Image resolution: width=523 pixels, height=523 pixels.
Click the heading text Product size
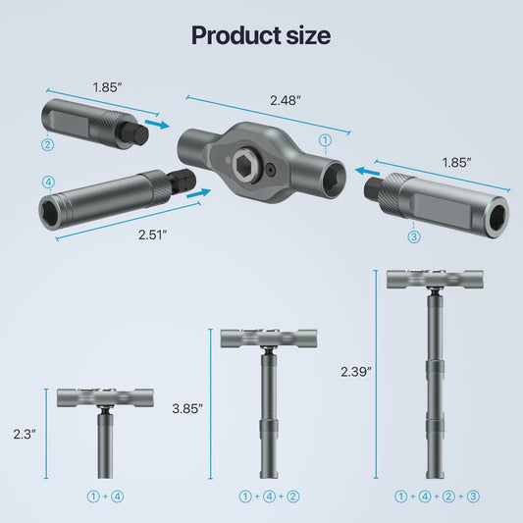[x=261, y=35]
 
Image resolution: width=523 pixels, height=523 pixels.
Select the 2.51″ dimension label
[x=152, y=233]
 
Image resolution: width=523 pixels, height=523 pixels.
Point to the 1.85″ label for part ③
[x=454, y=160]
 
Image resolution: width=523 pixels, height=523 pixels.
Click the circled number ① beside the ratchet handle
[x=325, y=141]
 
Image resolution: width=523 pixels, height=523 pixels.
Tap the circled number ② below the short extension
[x=46, y=145]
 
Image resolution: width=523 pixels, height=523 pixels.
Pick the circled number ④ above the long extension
[x=47, y=181]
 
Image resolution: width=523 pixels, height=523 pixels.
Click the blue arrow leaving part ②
[x=155, y=126]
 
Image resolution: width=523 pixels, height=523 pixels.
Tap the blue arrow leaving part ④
[x=199, y=193]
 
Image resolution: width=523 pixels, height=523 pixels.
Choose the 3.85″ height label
[x=186, y=407]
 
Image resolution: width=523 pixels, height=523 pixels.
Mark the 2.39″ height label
[x=355, y=372]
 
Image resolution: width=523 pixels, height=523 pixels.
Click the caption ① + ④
[x=105, y=497]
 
